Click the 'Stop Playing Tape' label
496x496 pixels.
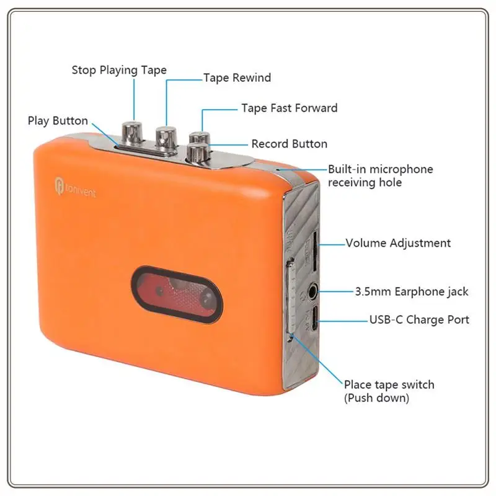pyautogui.click(x=119, y=70)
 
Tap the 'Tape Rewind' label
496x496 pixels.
pyautogui.click(x=237, y=78)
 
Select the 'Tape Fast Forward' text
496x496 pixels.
pyautogui.click(x=289, y=108)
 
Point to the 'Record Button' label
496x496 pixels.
pyautogui.click(x=289, y=144)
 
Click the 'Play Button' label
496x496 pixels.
pyautogui.click(x=58, y=120)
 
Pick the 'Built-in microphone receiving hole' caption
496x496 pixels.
pyautogui.click(x=380, y=175)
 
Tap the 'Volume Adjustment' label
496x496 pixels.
pyautogui.click(x=398, y=243)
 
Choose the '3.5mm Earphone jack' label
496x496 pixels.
pyautogui.click(x=411, y=291)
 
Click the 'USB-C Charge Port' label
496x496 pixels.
pyautogui.click(x=419, y=320)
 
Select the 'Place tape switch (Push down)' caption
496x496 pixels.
pyautogui.click(x=389, y=391)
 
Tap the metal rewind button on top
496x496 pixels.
pyautogui.click(x=166, y=138)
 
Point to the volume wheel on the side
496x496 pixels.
pyautogui.click(x=314, y=248)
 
